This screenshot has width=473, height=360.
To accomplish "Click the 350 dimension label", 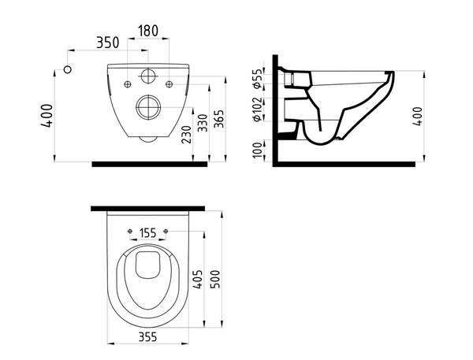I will point(108,42).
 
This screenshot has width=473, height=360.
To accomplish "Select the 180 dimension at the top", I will point(147,31).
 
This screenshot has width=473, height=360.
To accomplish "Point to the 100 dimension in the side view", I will point(258,150).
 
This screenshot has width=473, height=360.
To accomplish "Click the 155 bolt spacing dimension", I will point(147,232).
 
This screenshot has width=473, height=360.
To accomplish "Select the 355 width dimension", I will point(147,339).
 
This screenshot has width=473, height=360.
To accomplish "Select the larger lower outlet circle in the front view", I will point(147,106).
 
